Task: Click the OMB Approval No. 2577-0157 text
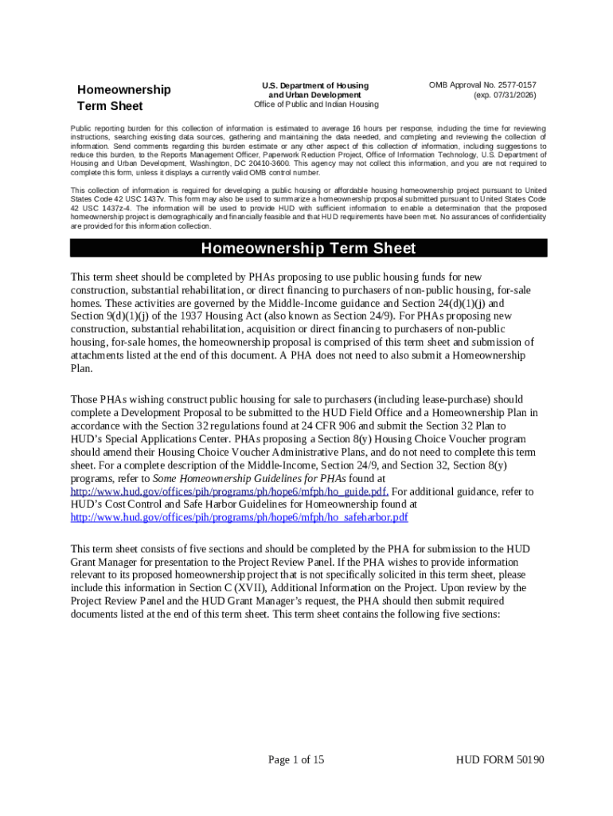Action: (482, 84)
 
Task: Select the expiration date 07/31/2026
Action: (505, 95)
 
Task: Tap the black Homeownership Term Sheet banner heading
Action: (308, 249)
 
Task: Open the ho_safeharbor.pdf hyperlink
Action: (240, 517)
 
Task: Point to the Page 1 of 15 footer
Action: (296, 759)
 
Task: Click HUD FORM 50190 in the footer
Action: (499, 759)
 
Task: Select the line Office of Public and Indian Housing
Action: (316, 104)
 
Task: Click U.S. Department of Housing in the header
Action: (316, 85)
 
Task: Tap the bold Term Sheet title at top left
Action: (110, 106)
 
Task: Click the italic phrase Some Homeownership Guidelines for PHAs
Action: (249, 478)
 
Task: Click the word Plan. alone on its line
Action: (82, 368)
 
